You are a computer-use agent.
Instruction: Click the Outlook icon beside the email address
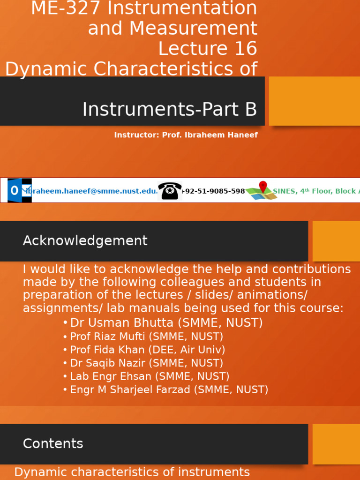19,190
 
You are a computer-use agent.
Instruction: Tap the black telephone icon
170,190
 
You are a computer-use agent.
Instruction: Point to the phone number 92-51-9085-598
215,191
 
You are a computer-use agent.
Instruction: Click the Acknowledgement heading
85,241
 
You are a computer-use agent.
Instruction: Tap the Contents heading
53,444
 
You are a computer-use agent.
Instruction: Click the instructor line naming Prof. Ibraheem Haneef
186,135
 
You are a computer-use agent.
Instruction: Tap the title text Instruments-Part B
170,109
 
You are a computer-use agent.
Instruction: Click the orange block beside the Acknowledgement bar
336,241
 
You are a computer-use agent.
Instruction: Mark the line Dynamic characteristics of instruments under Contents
132,472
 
